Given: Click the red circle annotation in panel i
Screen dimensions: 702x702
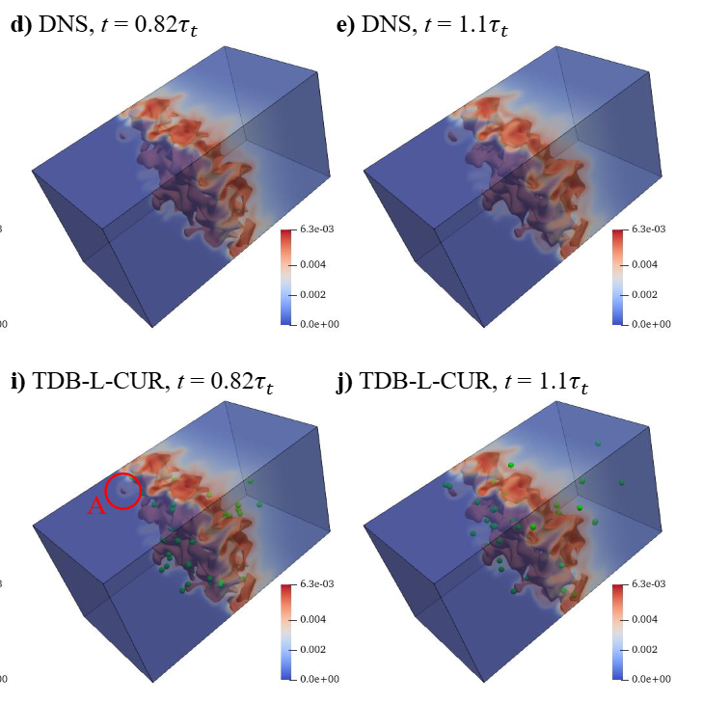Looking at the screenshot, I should (122, 490).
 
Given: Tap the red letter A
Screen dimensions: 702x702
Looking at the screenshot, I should (96, 507).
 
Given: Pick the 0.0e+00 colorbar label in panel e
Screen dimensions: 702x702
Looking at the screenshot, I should (651, 324).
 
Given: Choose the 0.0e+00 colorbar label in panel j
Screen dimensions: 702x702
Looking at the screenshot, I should (651, 679).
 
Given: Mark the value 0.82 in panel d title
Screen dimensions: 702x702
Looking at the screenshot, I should (149, 26).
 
